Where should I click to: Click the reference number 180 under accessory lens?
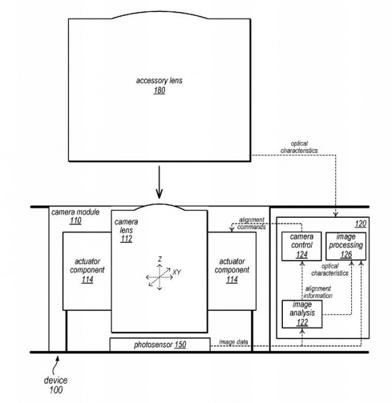click(159, 90)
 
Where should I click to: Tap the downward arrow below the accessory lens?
click(159, 182)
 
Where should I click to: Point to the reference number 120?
click(361, 224)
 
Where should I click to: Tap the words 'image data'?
click(233, 342)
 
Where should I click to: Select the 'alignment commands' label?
click(252, 223)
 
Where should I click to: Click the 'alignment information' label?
click(318, 293)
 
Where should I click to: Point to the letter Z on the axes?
click(160, 259)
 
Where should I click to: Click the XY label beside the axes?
click(177, 272)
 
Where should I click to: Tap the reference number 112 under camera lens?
click(127, 239)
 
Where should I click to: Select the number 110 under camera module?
click(75, 221)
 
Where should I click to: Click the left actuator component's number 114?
click(87, 279)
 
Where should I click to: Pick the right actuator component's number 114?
click(232, 279)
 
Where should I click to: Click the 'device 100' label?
click(56, 385)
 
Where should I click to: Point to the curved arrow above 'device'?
click(55, 365)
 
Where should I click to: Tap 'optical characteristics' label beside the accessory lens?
click(299, 147)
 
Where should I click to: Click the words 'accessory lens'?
click(159, 80)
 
